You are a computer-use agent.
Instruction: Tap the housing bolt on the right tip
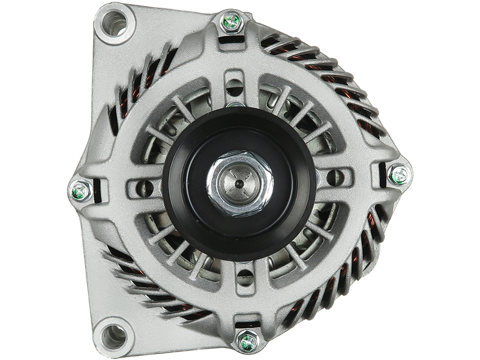click(x=397, y=175)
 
